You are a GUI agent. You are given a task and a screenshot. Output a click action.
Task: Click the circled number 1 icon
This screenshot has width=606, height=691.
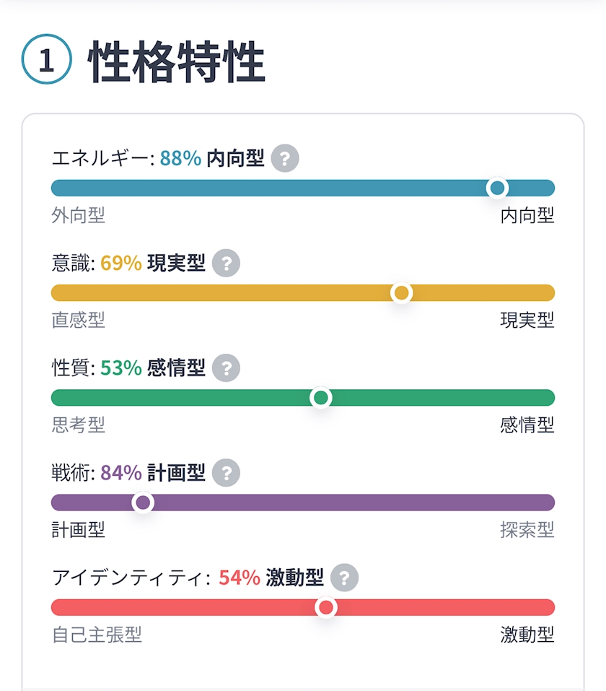pyautogui.click(x=47, y=61)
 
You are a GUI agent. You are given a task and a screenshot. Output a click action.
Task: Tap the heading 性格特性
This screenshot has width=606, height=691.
pyautogui.click(x=177, y=63)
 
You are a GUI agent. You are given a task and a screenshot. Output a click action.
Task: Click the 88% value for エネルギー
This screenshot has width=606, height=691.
pyautogui.click(x=180, y=158)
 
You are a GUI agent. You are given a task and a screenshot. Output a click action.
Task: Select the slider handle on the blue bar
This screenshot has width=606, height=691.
pyautogui.click(x=497, y=188)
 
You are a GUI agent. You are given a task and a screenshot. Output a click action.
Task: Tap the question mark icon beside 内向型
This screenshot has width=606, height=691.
pyautogui.click(x=286, y=158)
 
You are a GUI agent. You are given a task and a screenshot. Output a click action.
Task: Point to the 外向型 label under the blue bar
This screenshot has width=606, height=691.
pyautogui.click(x=78, y=215)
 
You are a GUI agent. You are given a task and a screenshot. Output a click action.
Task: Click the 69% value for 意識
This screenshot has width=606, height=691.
pyautogui.click(x=120, y=264)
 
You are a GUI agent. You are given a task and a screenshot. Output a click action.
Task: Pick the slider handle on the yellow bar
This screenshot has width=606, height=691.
pyautogui.click(x=401, y=293)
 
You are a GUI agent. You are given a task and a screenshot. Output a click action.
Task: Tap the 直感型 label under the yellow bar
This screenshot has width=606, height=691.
pyautogui.click(x=78, y=320)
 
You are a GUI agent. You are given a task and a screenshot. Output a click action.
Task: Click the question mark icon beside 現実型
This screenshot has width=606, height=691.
pyautogui.click(x=227, y=264)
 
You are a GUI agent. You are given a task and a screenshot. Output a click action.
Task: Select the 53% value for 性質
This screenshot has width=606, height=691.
pyautogui.click(x=120, y=368)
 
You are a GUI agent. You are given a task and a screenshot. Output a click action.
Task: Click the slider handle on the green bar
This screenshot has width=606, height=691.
pyautogui.click(x=320, y=398)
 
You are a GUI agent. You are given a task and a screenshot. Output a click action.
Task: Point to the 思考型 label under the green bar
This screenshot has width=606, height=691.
pyautogui.click(x=78, y=425)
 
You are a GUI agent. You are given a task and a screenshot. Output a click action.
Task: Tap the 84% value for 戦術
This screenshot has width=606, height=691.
pyautogui.click(x=120, y=473)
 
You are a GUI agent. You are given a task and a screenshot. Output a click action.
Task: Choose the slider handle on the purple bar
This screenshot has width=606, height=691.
pyautogui.click(x=143, y=503)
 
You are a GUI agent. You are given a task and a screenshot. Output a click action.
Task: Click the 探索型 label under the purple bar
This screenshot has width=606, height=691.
pyautogui.click(x=527, y=530)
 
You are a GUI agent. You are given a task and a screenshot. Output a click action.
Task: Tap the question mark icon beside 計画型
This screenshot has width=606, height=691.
pyautogui.click(x=227, y=473)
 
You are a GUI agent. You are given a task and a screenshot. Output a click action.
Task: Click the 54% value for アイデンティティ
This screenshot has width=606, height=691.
pyautogui.click(x=239, y=578)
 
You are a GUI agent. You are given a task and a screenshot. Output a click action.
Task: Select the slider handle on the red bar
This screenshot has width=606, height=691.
pyautogui.click(x=327, y=607)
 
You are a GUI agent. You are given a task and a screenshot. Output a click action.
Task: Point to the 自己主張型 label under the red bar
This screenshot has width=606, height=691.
pyautogui.click(x=97, y=635)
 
